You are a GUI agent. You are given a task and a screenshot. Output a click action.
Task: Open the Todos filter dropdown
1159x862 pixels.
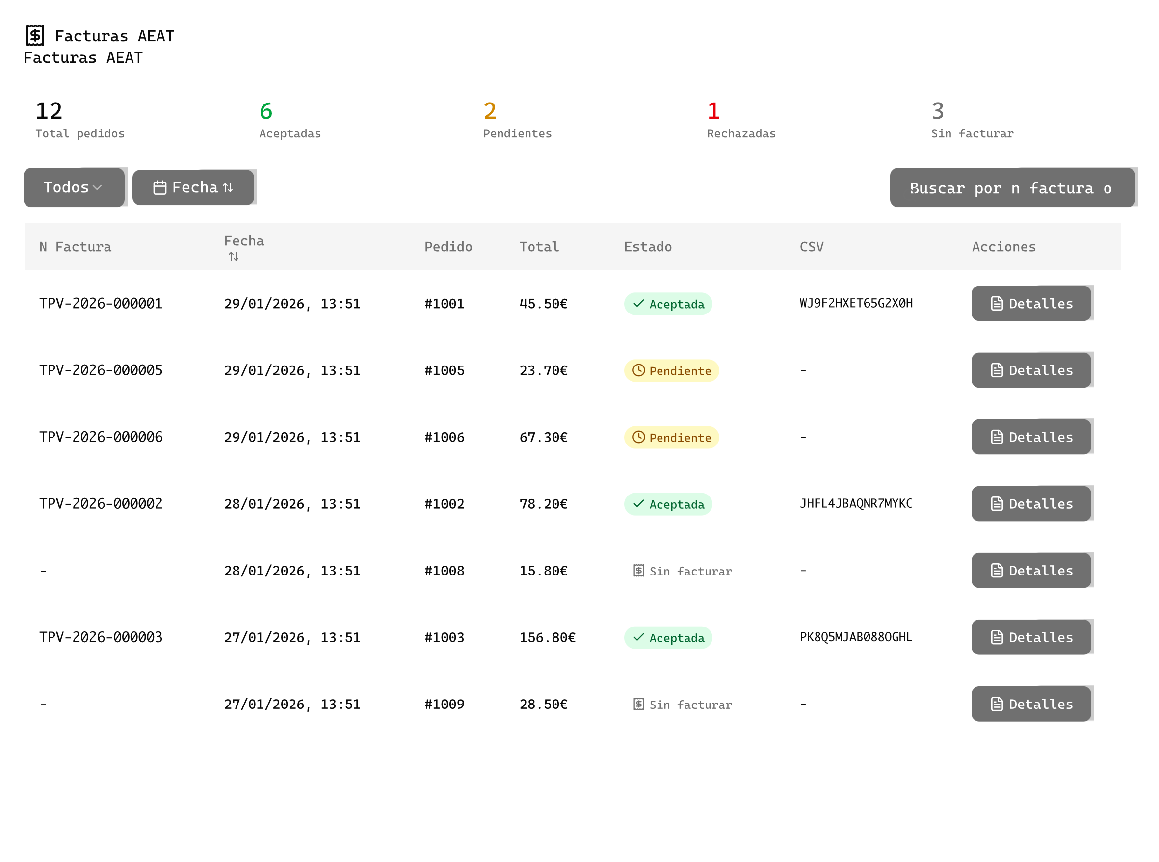pos(74,187)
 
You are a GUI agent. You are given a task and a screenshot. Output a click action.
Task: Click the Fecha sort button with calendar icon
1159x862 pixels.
pos(193,187)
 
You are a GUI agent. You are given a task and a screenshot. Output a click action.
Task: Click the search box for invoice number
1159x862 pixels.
pos(1012,188)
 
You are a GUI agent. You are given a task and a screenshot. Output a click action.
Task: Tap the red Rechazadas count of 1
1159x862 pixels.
pos(713,111)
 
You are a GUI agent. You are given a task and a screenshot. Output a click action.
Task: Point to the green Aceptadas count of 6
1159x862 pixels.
pos(265,111)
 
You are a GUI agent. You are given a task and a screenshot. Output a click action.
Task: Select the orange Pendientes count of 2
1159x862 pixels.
pos(490,111)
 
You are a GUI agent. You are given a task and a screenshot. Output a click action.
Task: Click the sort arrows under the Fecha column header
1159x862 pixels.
pos(233,256)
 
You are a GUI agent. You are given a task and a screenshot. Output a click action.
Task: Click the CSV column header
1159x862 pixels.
pos(812,247)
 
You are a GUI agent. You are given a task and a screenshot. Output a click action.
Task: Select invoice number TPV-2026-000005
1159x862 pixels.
pos(101,370)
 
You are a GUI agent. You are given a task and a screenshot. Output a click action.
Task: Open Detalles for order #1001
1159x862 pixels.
pos(1031,304)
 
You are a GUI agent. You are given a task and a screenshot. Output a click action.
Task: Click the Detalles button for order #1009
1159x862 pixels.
pos(1031,704)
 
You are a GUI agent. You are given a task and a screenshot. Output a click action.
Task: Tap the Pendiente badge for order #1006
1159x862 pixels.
pos(671,437)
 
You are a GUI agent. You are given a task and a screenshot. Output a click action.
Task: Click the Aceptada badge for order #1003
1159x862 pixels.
pos(668,638)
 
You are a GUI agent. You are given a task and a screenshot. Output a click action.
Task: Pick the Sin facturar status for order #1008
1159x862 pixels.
pos(682,571)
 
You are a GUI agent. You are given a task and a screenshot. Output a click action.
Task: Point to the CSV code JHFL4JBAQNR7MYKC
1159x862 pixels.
pos(856,503)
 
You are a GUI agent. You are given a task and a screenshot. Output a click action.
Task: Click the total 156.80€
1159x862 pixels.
pos(547,638)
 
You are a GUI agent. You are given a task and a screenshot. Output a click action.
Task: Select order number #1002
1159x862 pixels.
pos(444,504)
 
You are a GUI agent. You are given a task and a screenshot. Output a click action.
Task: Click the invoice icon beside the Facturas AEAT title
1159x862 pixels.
pos(35,35)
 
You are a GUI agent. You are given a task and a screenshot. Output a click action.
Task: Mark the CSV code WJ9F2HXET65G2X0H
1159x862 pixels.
pos(856,303)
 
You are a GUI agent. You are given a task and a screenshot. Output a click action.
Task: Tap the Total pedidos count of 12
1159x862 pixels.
pos(49,111)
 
